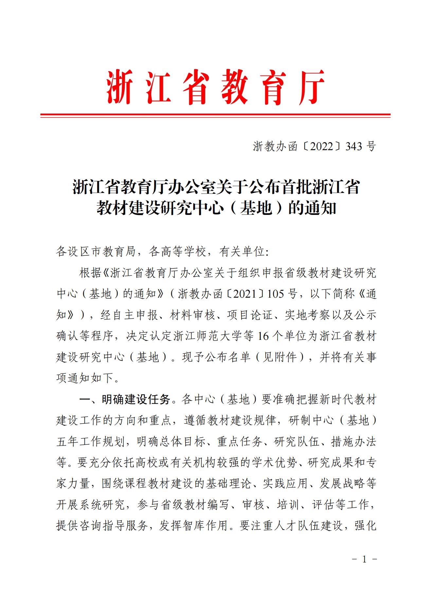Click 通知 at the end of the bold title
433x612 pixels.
pos(321,209)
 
